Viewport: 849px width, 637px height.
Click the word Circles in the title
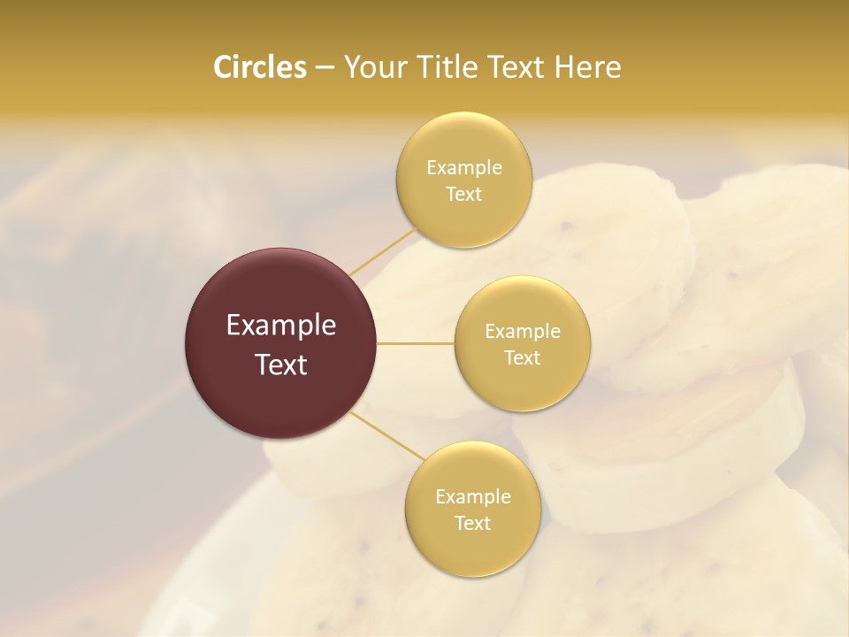(x=259, y=67)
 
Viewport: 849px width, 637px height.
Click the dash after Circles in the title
(x=325, y=68)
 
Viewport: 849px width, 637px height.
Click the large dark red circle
(x=281, y=343)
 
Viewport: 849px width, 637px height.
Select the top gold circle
(x=463, y=180)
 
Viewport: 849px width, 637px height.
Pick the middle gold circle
(x=522, y=343)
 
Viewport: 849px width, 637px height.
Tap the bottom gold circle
(x=472, y=509)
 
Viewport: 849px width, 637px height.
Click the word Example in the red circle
(x=281, y=326)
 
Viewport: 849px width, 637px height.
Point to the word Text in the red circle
(x=281, y=364)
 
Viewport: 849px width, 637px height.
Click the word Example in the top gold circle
(x=463, y=167)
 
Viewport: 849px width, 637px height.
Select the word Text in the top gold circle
(x=463, y=194)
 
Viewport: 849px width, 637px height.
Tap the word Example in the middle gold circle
(x=522, y=331)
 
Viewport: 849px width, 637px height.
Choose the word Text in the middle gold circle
(x=522, y=357)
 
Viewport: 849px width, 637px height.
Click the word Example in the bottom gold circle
(x=472, y=496)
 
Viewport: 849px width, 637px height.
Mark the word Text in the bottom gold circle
(x=472, y=523)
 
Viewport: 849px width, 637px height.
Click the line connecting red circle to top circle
(x=382, y=251)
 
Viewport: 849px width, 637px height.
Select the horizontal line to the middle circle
(x=416, y=343)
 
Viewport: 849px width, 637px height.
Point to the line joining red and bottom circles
(x=387, y=435)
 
